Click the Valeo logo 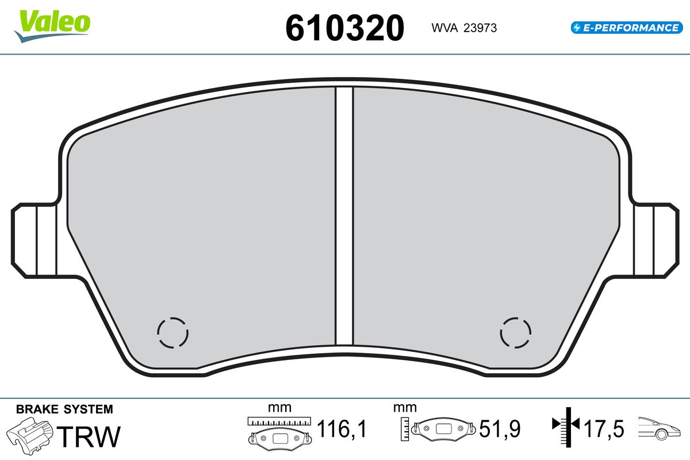click(x=52, y=26)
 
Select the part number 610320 click(x=344, y=28)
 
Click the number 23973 click(x=480, y=28)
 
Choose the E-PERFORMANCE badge click(x=627, y=28)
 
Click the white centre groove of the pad click(x=344, y=216)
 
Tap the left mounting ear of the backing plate click(x=34, y=240)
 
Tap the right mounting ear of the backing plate click(x=655, y=240)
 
